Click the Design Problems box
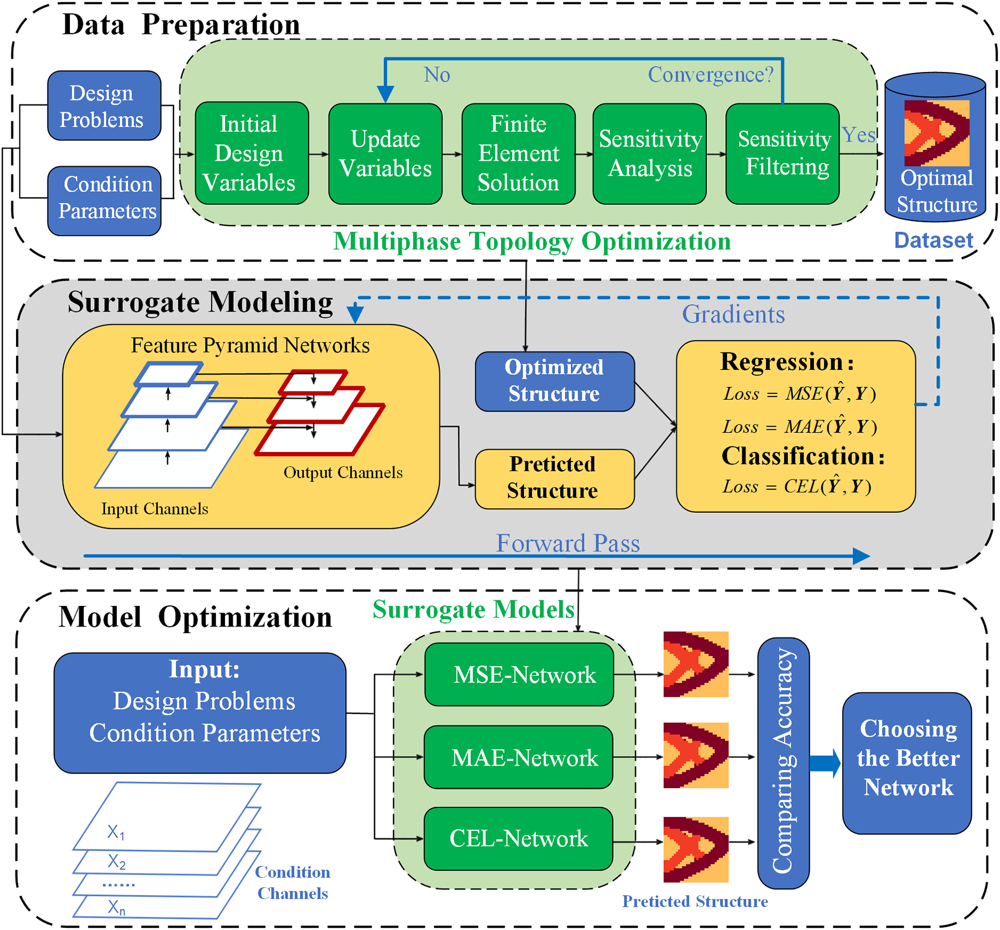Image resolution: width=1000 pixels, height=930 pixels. (104, 106)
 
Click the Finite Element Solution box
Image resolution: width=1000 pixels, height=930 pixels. (518, 153)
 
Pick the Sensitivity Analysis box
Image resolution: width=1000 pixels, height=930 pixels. (649, 153)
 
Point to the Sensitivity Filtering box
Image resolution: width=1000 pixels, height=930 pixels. (782, 153)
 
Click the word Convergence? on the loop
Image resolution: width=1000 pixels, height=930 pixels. (710, 75)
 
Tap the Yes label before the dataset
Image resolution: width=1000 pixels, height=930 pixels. (858, 135)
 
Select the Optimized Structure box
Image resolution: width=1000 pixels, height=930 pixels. (555, 381)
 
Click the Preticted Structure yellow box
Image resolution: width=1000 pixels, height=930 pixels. (555, 478)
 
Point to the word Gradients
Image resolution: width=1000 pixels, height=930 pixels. (733, 314)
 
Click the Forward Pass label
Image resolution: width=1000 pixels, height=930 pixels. (567, 543)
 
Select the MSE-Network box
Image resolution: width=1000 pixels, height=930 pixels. (519, 674)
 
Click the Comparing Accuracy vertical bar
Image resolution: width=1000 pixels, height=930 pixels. (783, 762)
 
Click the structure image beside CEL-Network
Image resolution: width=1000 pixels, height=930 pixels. (696, 849)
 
